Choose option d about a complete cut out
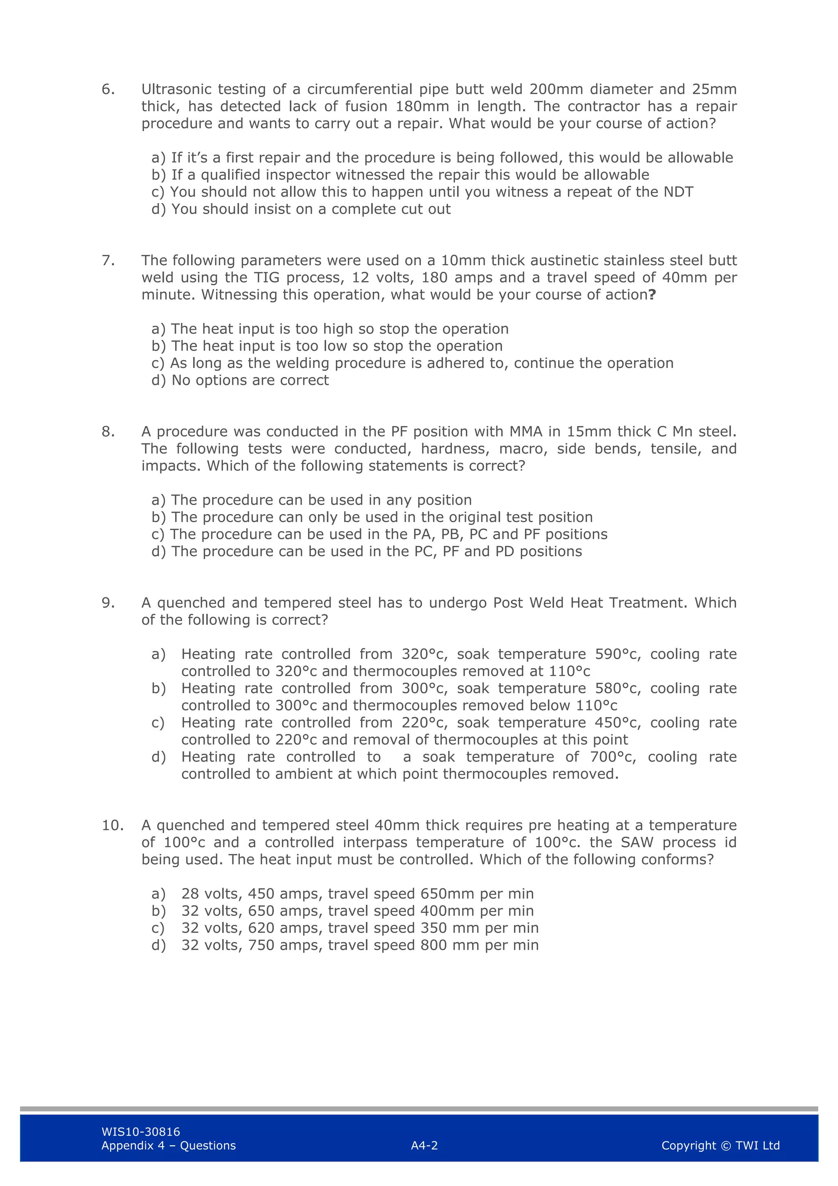301,209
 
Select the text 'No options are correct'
250,380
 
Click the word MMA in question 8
526,431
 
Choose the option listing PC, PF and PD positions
367,551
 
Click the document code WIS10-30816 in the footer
140,1132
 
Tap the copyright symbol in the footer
725,1146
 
